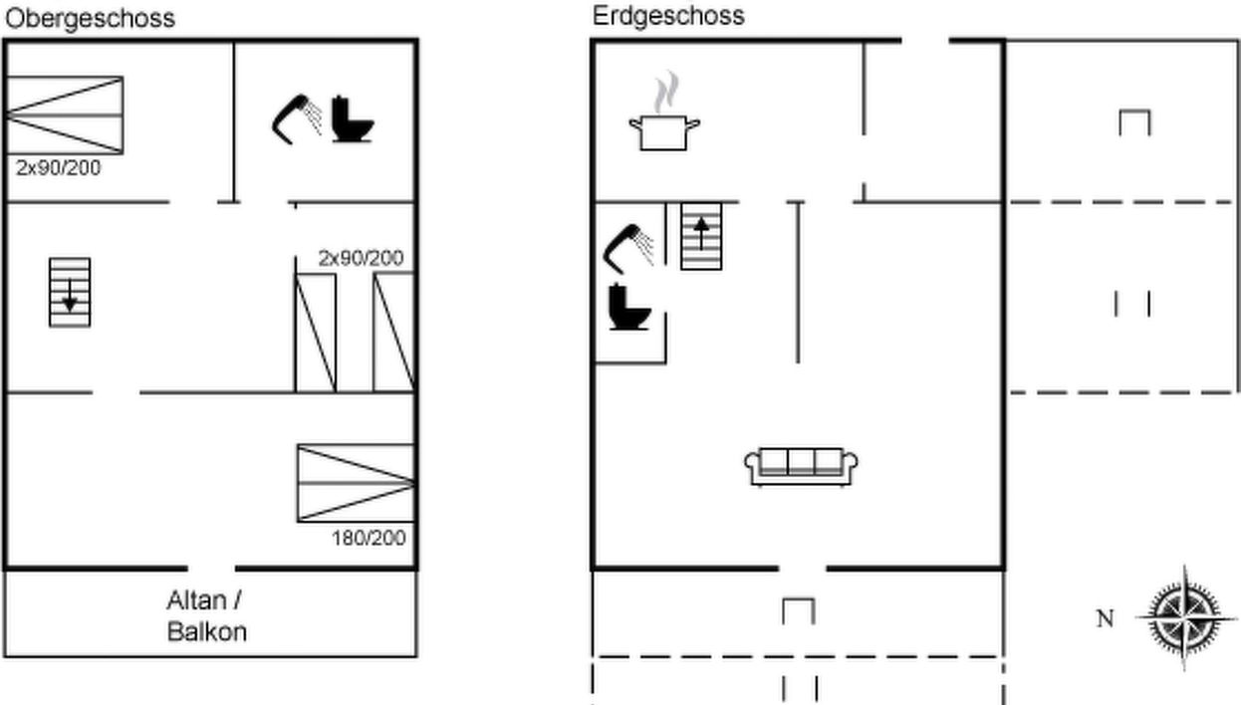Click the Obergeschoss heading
91,19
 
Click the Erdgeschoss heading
668,16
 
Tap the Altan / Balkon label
206,615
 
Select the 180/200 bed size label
369,538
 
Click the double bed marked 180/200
356,483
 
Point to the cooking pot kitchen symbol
664,132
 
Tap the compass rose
1184,617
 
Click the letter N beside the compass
1106,618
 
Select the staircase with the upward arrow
701,236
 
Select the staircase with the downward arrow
70,293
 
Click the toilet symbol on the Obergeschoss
353,119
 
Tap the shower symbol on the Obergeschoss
297,119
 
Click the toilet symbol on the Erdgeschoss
628,307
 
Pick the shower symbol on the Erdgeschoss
628,249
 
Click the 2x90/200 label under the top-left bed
58,168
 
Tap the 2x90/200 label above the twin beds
361,258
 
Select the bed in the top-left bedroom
65,116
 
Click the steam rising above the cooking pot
666,92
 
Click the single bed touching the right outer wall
393,333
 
